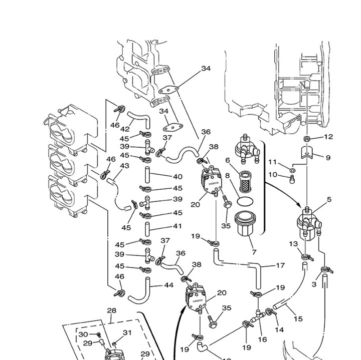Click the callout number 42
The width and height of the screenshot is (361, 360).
pos(125,129)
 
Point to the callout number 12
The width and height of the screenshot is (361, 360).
pos(328,137)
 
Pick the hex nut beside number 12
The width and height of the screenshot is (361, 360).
pos(307,138)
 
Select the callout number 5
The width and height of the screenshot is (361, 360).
pos(329,200)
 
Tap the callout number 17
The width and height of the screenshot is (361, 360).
pos(280,266)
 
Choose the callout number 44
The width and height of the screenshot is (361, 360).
pos(168,286)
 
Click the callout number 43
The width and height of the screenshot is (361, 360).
pos(125,166)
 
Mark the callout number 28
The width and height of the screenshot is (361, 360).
pos(111,311)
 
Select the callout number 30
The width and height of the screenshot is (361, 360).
pos(83,334)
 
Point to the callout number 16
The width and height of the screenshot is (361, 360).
pos(262,340)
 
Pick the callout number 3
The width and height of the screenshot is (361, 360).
pos(314,285)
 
